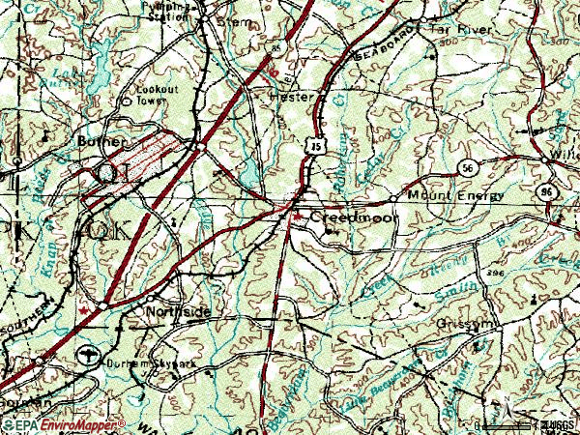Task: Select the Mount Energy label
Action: [455, 196]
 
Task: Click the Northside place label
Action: [177, 311]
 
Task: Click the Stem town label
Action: [237, 19]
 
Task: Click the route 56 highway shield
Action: [467, 166]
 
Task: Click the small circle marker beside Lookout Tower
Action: [127, 100]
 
